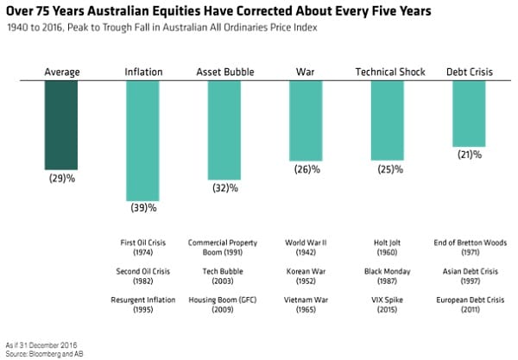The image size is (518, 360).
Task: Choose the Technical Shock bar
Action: tap(387, 122)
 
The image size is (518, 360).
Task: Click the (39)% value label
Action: tap(143, 208)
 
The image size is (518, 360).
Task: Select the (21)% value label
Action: tap(469, 154)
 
